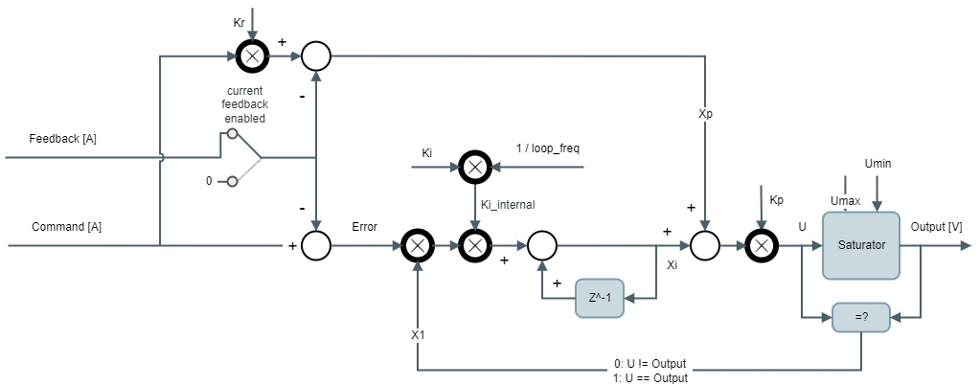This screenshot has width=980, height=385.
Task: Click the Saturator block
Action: point(861,245)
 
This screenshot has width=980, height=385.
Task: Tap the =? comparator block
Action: point(861,317)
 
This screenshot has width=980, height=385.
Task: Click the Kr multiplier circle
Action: point(251,57)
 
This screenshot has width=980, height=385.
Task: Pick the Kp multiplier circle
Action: point(761,246)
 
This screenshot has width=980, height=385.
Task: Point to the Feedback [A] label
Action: point(63,139)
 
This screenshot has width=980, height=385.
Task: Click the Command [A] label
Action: point(67,227)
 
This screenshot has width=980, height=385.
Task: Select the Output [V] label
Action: point(937,227)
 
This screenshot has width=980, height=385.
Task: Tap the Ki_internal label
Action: point(508,204)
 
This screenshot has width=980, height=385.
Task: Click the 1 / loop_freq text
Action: point(548,148)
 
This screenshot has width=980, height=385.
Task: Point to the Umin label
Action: point(877,164)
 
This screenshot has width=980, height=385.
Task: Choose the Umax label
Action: point(846,200)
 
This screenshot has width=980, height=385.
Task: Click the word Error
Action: point(365,227)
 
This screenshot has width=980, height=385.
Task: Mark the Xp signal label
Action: point(705,113)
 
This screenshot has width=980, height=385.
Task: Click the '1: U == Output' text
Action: point(651,378)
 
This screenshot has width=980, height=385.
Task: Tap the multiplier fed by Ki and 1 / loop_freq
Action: point(474,166)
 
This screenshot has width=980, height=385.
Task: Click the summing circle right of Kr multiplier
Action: point(316,57)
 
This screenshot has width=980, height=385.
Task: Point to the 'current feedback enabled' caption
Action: point(245,104)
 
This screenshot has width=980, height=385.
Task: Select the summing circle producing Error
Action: point(316,246)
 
